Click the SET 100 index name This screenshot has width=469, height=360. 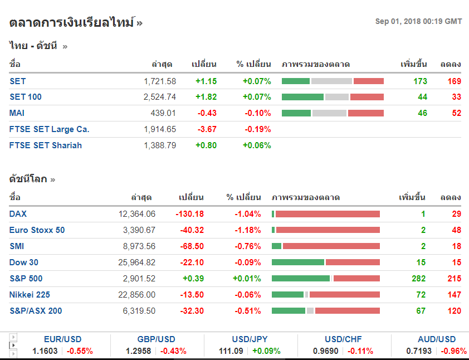[x=26, y=97]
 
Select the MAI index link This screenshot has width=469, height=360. [x=17, y=113]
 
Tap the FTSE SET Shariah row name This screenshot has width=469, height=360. [x=46, y=145]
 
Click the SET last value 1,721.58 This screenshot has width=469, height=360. [x=160, y=81]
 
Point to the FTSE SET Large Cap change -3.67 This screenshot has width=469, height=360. [x=207, y=129]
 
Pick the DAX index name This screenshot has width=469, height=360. [x=18, y=214]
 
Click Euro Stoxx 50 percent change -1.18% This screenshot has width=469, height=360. [x=247, y=230]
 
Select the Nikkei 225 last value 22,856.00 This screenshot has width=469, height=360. [x=137, y=295]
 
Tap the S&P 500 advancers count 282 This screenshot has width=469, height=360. [x=419, y=279]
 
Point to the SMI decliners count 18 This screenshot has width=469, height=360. [x=456, y=246]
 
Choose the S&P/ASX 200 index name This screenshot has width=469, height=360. [x=36, y=311]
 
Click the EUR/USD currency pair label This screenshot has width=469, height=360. [x=62, y=339]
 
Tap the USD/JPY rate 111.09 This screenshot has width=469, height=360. [x=231, y=351]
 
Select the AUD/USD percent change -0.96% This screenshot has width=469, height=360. [x=453, y=351]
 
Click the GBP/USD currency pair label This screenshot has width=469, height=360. [x=156, y=339]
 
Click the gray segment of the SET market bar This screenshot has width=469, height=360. [x=331, y=81]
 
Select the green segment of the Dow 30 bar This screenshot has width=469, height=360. [x=298, y=262]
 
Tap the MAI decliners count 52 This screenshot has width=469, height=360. [x=456, y=113]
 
